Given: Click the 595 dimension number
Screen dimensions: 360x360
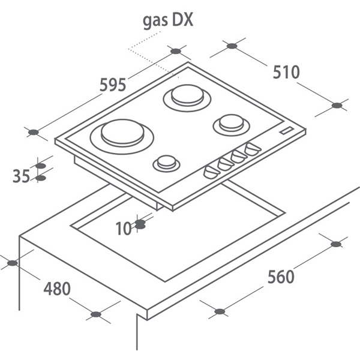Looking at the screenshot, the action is click(113, 85).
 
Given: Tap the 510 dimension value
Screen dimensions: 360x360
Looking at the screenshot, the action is click(286, 72).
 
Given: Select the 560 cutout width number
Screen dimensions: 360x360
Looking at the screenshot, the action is click(281, 277).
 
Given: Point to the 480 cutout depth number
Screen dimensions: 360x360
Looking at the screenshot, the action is click(57, 289).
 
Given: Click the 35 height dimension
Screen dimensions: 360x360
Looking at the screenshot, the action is click(21, 176).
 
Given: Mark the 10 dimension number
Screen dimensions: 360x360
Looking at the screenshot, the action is click(124, 229).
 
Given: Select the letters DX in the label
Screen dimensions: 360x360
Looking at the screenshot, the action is click(182, 20).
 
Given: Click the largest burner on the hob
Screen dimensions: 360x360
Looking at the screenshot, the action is click(122, 137).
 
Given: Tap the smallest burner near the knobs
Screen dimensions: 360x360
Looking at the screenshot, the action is click(166, 163).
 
